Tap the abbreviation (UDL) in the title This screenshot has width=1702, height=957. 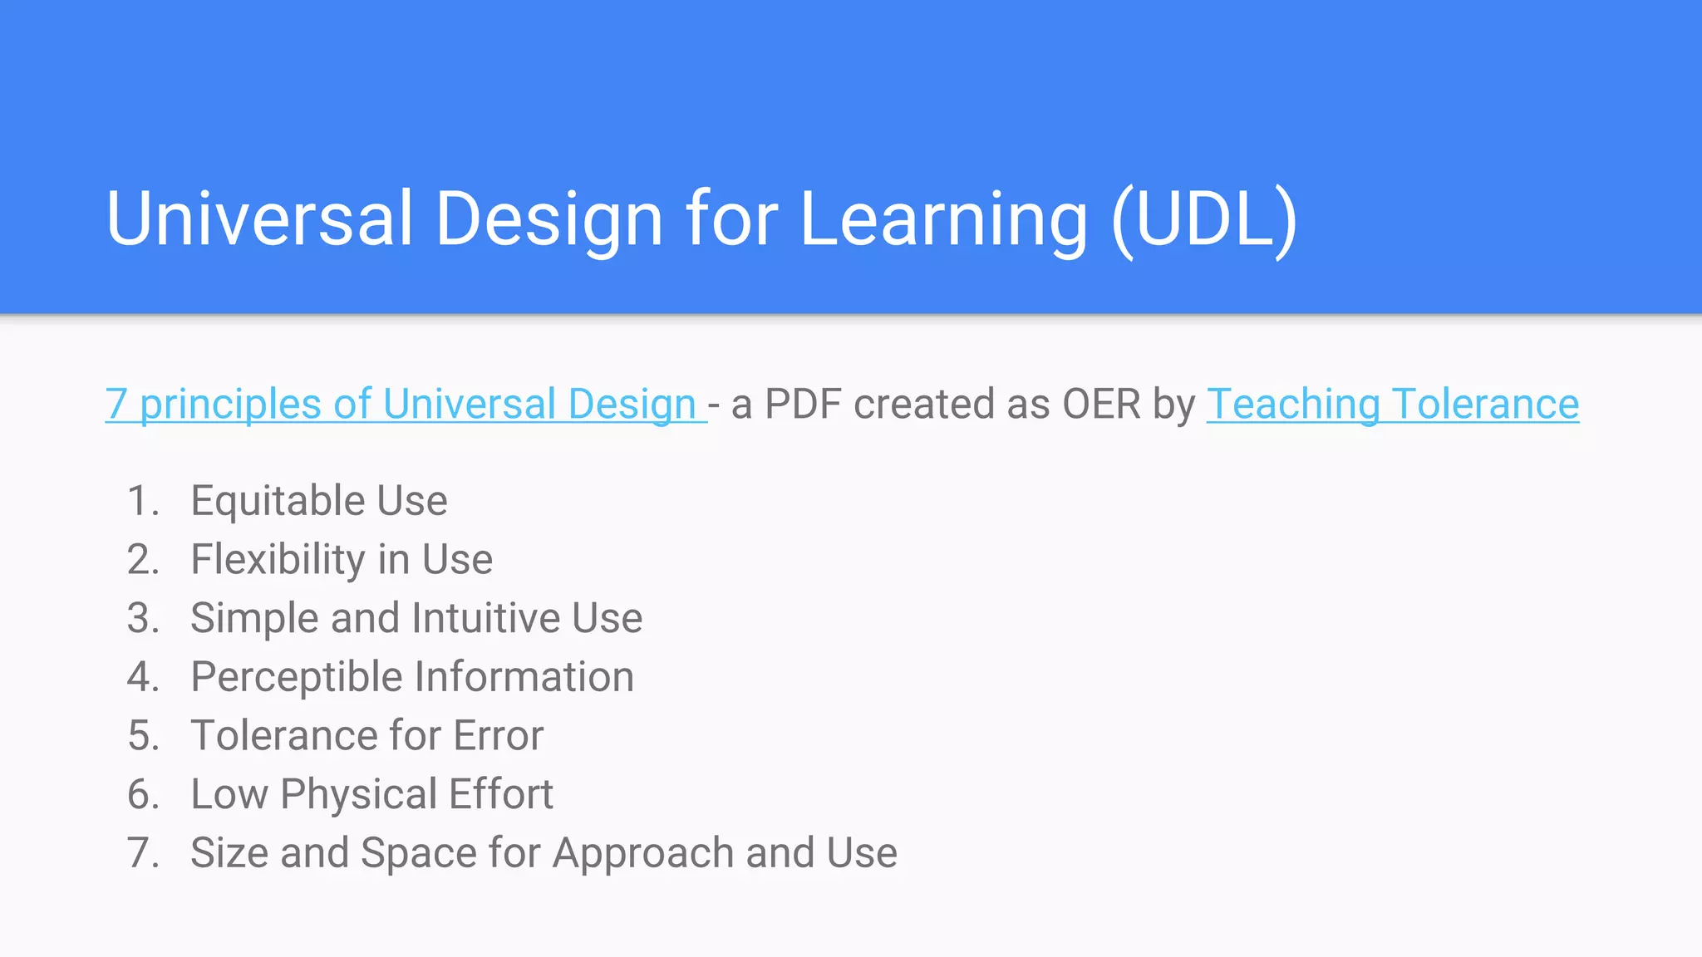tap(1204, 218)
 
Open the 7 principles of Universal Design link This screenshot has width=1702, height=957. tap(405, 405)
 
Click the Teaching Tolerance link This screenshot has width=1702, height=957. tap(1392, 405)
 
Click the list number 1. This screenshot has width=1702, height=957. tap(142, 501)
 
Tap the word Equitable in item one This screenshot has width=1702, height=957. tap(278, 501)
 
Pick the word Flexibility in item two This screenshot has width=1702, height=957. tap(278, 560)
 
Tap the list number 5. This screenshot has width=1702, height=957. tap(142, 736)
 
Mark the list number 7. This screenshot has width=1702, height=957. tap(142, 853)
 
